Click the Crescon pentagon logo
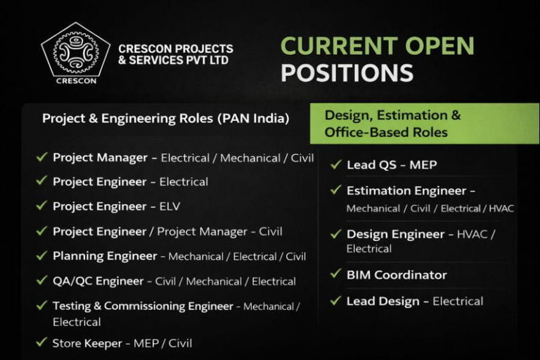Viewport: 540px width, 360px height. (76, 53)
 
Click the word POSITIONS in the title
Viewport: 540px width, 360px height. (347, 72)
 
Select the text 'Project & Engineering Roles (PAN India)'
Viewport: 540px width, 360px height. (165, 118)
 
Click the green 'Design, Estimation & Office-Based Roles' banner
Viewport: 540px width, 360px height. (424, 123)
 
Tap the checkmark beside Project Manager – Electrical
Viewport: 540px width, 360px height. (42, 157)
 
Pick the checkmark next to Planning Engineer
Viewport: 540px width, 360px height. (42, 255)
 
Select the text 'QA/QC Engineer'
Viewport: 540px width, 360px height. (98, 281)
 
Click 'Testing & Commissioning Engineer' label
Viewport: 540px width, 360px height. (143, 306)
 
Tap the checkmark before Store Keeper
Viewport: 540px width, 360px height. (42, 342)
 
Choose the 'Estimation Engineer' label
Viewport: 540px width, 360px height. (406, 191)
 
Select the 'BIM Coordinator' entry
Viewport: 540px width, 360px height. (397, 275)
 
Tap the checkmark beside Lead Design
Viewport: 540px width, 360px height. (336, 300)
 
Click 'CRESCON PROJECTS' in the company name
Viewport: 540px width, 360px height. (175, 49)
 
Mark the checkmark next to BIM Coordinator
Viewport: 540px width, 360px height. (336, 274)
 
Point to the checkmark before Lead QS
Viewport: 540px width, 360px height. (336, 164)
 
